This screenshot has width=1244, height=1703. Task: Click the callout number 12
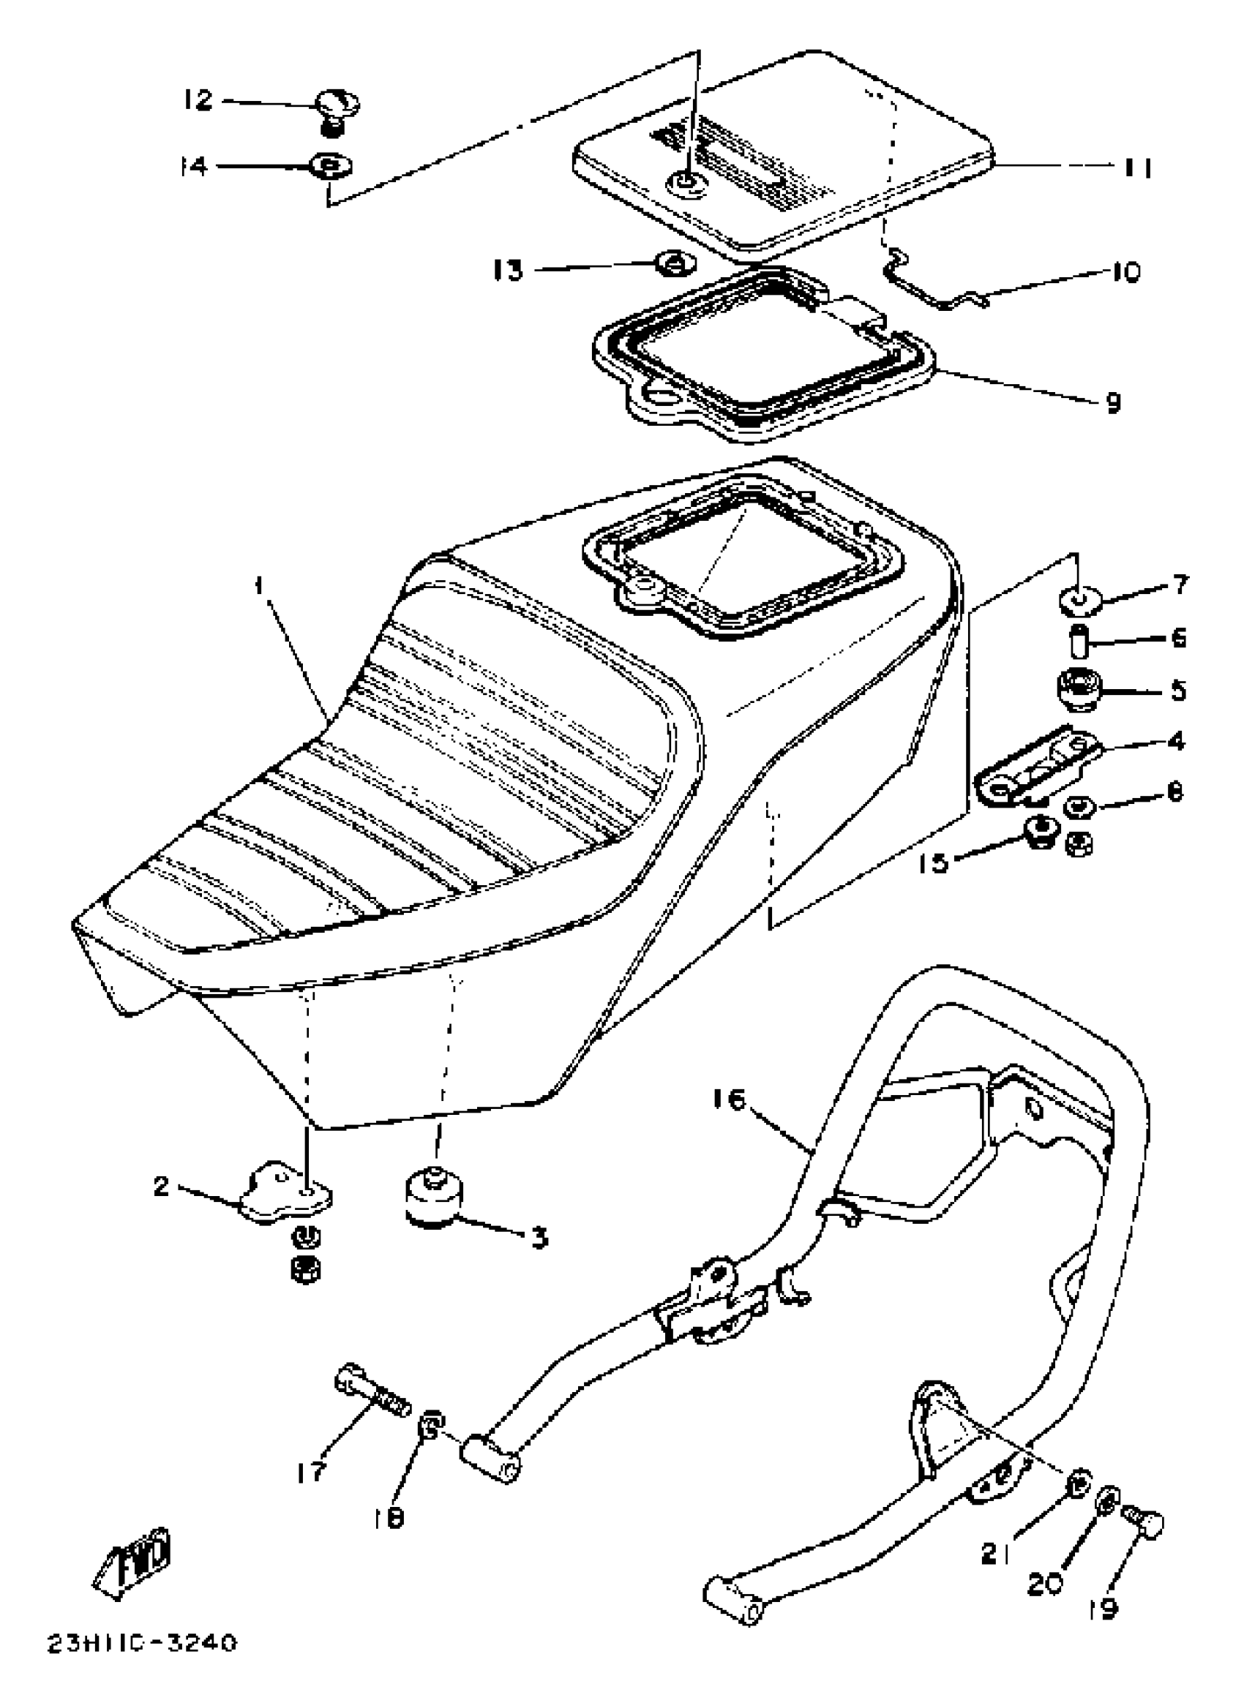tap(198, 100)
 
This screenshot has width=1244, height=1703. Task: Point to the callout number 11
tap(1136, 168)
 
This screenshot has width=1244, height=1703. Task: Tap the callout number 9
tap(1113, 404)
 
